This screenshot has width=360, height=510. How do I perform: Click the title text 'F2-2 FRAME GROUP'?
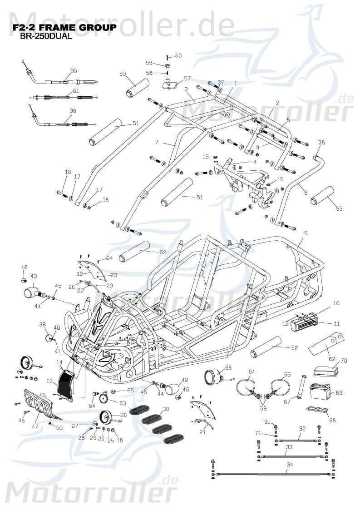(x=64, y=28)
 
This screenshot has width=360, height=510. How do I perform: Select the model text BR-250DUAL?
(x=46, y=37)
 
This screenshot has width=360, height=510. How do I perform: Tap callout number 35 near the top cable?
(x=74, y=70)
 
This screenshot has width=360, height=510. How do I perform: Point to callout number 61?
(x=69, y=91)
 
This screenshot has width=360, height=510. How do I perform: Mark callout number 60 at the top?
(x=178, y=56)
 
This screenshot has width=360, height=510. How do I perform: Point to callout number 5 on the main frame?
(x=306, y=233)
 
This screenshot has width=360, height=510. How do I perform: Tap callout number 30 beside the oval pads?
(x=166, y=409)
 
